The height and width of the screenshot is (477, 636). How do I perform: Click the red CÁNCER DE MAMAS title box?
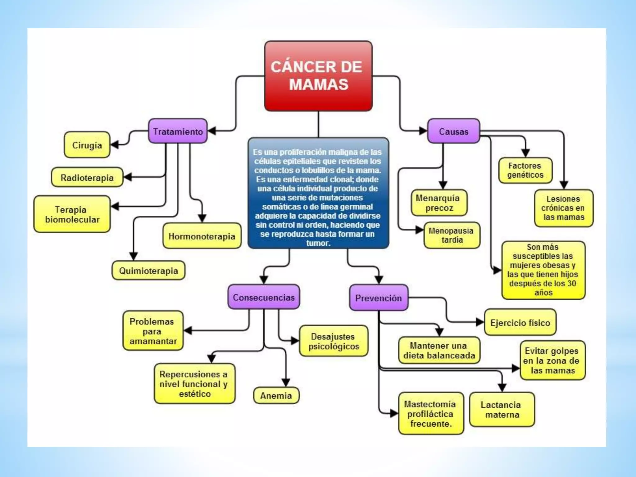click(x=318, y=76)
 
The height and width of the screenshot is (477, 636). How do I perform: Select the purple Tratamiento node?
click(x=178, y=131)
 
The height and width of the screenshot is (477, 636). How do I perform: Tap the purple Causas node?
click(x=453, y=131)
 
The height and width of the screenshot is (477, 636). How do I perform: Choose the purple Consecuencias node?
click(x=264, y=297)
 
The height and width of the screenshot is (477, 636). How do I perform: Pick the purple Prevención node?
click(x=378, y=298)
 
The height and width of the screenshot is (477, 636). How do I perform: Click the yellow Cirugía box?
click(x=87, y=145)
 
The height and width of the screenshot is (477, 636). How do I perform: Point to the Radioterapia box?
click(x=87, y=178)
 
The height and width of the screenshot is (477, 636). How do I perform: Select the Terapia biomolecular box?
click(x=72, y=214)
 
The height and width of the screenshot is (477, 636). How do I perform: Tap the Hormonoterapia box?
click(x=202, y=236)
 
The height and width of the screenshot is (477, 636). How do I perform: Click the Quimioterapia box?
click(x=148, y=270)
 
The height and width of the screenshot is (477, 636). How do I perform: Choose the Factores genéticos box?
click(x=525, y=170)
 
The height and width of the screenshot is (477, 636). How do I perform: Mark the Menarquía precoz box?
click(x=439, y=203)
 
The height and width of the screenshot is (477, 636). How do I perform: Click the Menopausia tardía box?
click(x=452, y=235)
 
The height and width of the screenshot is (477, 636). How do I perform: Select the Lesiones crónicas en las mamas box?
click(x=563, y=208)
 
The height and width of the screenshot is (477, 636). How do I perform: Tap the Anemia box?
click(x=276, y=395)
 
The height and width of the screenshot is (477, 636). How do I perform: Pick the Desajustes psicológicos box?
click(x=334, y=341)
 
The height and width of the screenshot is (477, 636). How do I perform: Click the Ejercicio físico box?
click(x=520, y=322)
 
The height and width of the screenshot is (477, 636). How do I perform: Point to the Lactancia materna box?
click(x=502, y=409)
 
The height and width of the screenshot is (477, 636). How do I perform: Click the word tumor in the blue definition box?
click(x=318, y=243)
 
